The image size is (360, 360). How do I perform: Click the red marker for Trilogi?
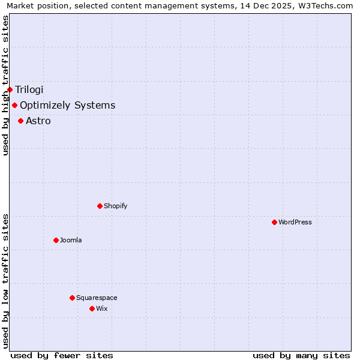10,90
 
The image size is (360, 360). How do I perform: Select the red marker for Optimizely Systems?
14,106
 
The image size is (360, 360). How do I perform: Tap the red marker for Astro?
20,121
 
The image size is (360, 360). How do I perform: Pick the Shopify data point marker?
100,206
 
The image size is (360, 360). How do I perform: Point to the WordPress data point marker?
274,223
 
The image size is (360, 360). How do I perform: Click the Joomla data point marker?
56,241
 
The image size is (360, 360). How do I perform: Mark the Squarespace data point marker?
72,298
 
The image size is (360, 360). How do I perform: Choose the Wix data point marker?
92,309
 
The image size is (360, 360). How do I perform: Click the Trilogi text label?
29,90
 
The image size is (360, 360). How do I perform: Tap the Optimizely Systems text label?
67,106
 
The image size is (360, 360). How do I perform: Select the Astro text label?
38,121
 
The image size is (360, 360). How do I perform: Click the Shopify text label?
115,206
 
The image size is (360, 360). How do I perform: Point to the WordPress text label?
295,223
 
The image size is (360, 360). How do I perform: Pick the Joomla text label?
71,241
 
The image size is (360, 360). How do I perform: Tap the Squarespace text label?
97,298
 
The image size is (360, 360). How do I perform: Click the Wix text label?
101,309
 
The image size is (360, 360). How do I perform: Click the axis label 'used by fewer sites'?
62,355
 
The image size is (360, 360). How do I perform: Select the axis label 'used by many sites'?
301,355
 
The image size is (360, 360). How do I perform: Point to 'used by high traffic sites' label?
5,85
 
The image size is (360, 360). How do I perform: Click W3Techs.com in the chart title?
329,5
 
